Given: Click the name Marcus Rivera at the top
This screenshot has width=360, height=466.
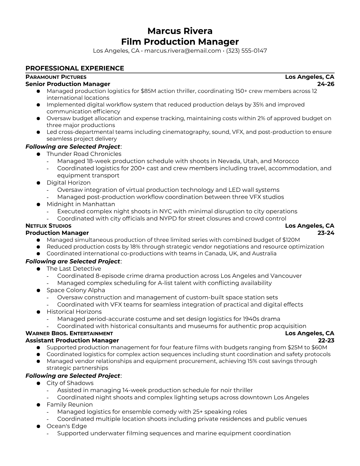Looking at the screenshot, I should pos(180,31).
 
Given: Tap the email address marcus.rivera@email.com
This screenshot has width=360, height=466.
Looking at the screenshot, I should pos(182,51).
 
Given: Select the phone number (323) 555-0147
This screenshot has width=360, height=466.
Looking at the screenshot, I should pos(246,51).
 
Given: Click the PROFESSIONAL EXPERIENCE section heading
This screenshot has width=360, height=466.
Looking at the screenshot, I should pos(75,68).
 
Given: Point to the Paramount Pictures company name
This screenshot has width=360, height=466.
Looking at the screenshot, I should pos(56,77).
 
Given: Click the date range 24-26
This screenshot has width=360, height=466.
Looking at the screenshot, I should pos(326,84).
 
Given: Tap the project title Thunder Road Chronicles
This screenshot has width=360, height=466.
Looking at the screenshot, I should pos(84,154).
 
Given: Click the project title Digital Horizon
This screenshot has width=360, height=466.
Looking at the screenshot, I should pos(69,183).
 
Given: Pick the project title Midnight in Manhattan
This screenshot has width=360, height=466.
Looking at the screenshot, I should pos(81,204).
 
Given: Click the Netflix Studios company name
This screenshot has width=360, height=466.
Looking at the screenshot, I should pos(48,226).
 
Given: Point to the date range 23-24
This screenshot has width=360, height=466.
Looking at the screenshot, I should pos(326,233).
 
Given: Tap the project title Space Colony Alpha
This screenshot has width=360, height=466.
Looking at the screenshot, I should pos(76,290).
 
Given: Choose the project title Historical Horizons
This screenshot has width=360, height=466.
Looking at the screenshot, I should pos(74,312).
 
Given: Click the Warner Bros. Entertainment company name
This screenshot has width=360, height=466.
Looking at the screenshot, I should pos(69,333).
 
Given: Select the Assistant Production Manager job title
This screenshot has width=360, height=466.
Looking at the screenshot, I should pos(72,340).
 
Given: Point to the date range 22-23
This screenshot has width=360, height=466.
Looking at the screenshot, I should pos(326,340).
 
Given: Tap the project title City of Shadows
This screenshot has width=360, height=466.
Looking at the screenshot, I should pos(70,383).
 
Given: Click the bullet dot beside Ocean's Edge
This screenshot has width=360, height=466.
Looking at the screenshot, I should pos(38,426).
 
